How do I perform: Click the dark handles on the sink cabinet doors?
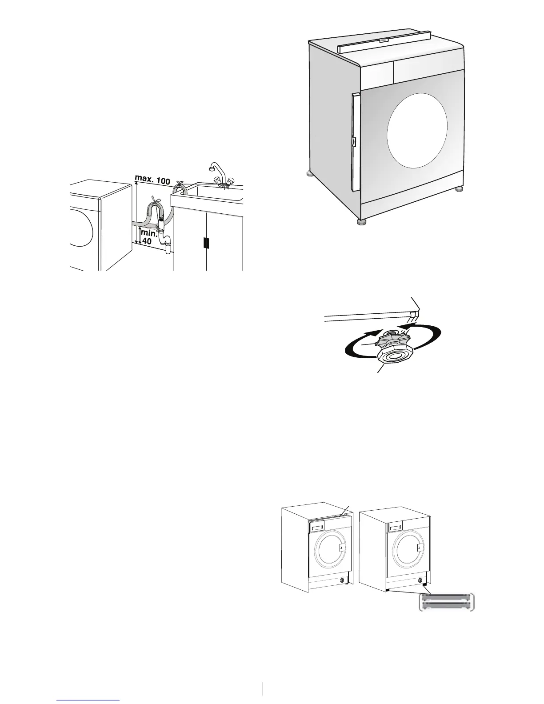point(206,243)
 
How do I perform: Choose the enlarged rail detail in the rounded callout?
point(448,602)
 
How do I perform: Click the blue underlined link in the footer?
point(88,701)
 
